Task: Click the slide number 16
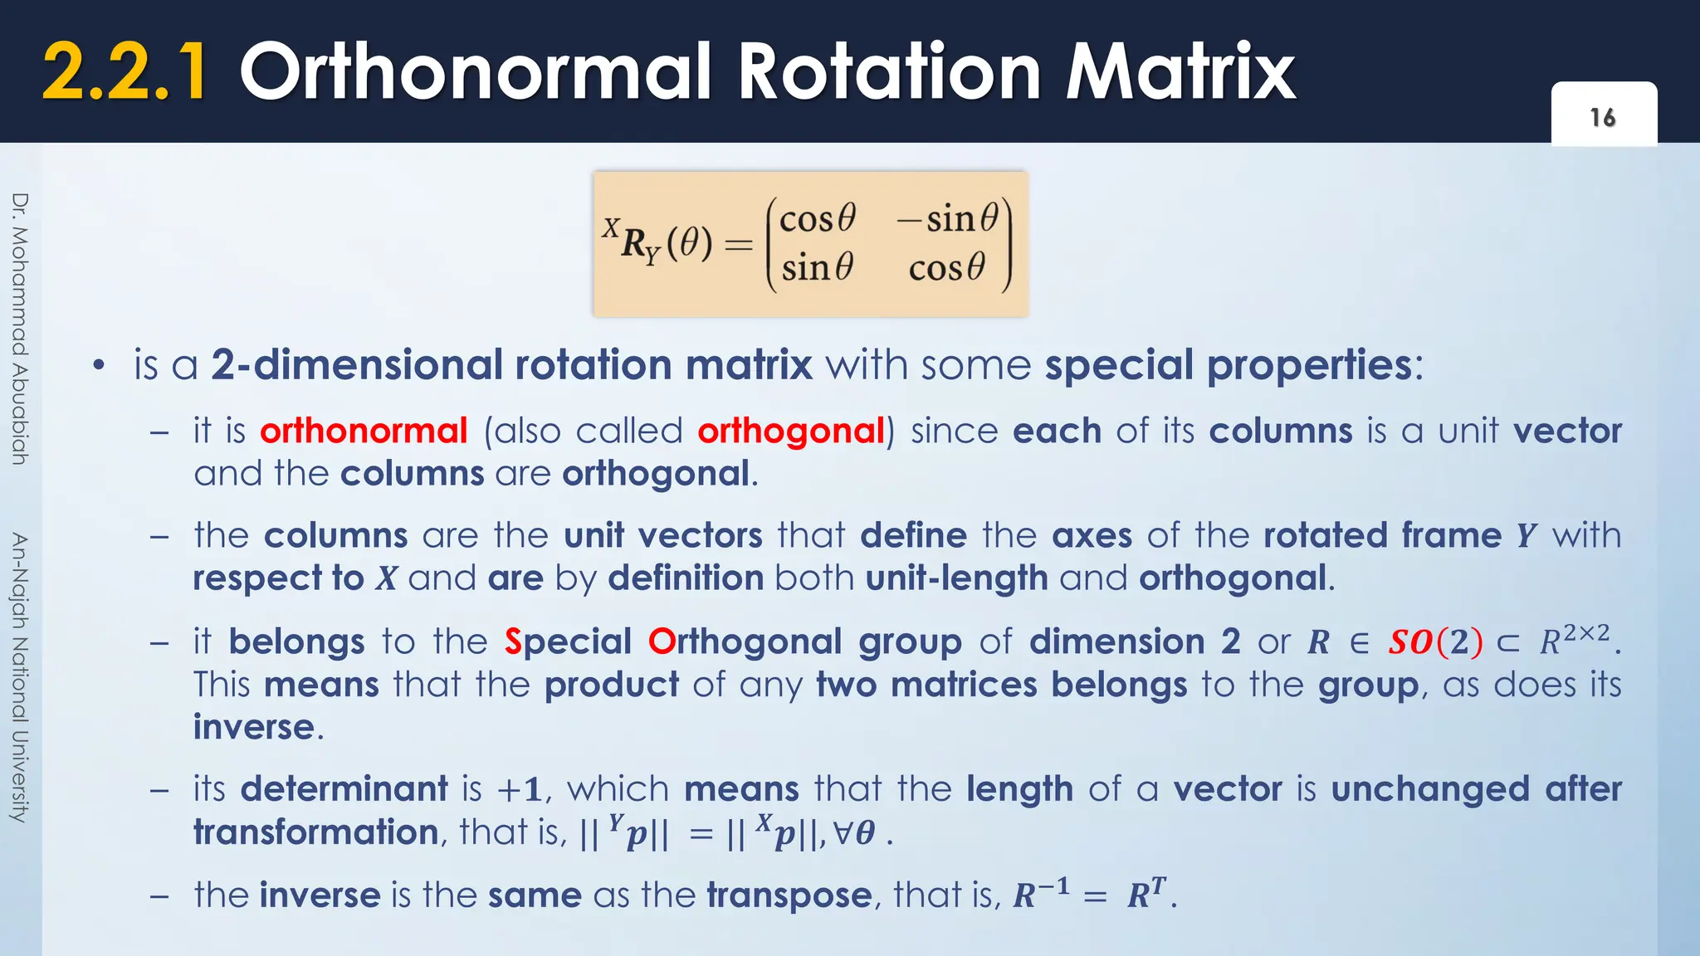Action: coord(1603,118)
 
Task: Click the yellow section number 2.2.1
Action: coord(125,74)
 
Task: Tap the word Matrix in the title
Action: coord(1180,74)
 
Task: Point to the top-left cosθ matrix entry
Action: coord(818,219)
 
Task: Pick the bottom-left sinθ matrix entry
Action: coord(818,268)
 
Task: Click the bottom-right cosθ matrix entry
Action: coord(947,268)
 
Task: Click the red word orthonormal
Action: coord(364,432)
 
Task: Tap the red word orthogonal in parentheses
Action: coord(791,432)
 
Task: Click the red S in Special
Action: coord(513,641)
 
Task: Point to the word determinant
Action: coord(344,788)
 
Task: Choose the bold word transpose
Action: coord(789,895)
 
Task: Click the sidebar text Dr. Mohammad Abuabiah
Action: coord(21,329)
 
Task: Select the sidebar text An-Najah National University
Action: coord(21,677)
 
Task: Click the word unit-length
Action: coord(956,578)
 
